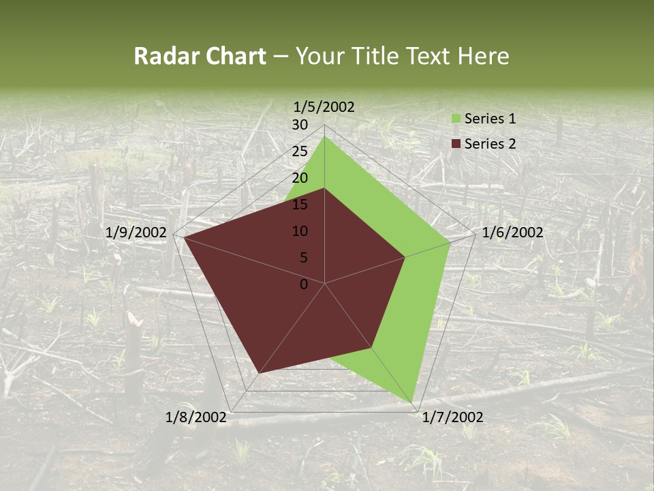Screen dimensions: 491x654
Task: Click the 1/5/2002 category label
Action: tap(324, 106)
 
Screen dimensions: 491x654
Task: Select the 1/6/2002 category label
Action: tap(512, 233)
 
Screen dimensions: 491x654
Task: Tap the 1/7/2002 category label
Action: tap(452, 417)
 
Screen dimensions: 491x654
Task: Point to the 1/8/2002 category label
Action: tap(196, 417)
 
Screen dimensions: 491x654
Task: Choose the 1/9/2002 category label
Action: tap(136, 233)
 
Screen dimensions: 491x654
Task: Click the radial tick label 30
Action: tap(300, 125)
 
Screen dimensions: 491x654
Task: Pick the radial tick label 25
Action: tap(300, 151)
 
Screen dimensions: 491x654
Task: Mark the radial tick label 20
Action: tap(300, 178)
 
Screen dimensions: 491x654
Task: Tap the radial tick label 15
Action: tap(300, 205)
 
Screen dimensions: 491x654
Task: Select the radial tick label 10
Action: tap(300, 231)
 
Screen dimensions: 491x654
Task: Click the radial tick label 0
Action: tap(304, 284)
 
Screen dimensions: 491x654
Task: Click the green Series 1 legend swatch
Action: tap(456, 119)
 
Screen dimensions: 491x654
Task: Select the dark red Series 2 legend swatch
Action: tap(456, 144)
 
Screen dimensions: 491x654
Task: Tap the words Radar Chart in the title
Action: tap(200, 56)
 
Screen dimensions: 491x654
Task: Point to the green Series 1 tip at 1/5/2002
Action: tap(324, 136)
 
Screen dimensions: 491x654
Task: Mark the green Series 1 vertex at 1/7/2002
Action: tap(414, 402)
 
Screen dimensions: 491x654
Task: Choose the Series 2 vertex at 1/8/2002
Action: tap(260, 373)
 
